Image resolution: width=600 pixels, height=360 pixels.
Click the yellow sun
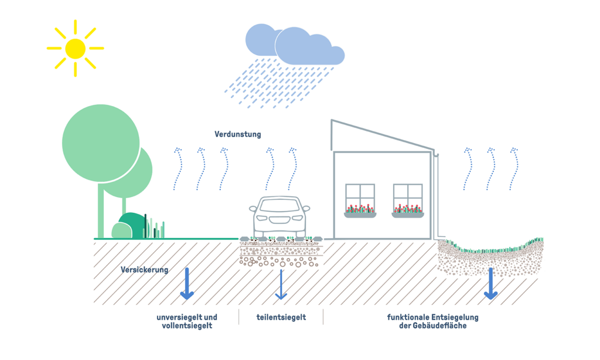coord(75,48)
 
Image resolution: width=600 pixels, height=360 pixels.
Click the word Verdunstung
coord(237,134)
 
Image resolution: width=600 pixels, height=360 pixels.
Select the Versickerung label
coord(144,270)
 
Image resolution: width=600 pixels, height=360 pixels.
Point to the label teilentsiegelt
coord(281,318)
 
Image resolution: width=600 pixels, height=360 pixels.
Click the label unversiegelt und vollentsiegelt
coord(186,321)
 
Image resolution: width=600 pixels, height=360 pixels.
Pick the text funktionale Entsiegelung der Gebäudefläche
coord(432,321)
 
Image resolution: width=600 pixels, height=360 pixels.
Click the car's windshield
coord(281,206)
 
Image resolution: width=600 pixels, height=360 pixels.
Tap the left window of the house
coord(360,196)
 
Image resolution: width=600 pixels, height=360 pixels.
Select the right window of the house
coord(408,196)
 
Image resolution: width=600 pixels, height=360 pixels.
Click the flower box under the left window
coord(360,215)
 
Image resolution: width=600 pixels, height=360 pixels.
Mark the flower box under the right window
coord(408,215)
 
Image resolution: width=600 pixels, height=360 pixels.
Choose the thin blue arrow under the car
coord(281,284)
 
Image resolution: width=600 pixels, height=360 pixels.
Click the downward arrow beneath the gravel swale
coord(490,284)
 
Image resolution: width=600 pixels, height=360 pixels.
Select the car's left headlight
coord(261,218)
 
